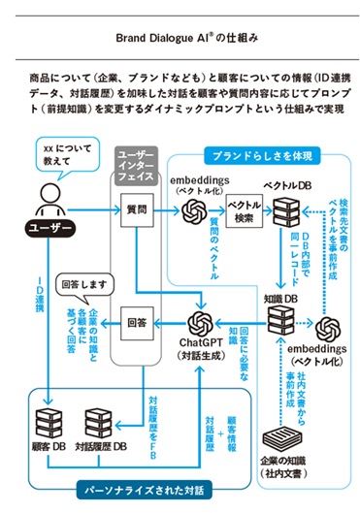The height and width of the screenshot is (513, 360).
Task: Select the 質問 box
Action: point(135,207)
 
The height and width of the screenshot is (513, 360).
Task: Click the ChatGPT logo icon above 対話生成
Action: point(200,321)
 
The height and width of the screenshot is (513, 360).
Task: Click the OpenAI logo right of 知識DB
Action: point(327,328)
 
